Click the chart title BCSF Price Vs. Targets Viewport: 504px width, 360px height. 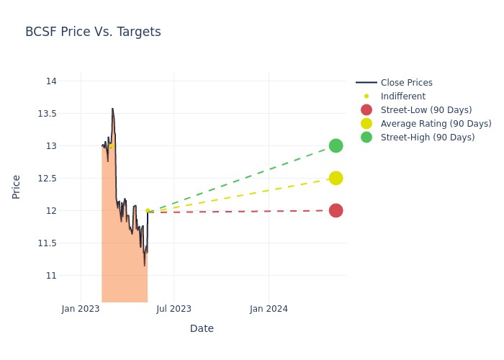(93, 32)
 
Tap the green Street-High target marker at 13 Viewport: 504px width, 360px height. (336, 145)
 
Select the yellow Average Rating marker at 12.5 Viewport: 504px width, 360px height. (336, 178)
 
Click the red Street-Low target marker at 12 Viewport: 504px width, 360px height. (336, 210)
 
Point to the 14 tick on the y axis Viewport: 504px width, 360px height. (51, 81)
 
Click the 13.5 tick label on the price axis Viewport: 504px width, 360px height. (47, 114)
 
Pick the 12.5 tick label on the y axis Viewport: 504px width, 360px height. (47, 179)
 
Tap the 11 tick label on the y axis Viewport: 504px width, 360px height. (51, 276)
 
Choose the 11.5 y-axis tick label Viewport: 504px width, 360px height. (47, 243)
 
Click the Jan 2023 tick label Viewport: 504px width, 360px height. (81, 309)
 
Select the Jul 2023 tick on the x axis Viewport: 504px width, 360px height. (174, 309)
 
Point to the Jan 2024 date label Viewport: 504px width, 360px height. (269, 309)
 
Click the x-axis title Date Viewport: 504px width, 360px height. (202, 329)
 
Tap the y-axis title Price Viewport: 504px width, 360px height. (17, 186)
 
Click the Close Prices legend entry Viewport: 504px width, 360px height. (406, 83)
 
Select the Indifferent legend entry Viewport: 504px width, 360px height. (402, 96)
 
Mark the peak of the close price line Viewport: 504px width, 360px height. (112, 109)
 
